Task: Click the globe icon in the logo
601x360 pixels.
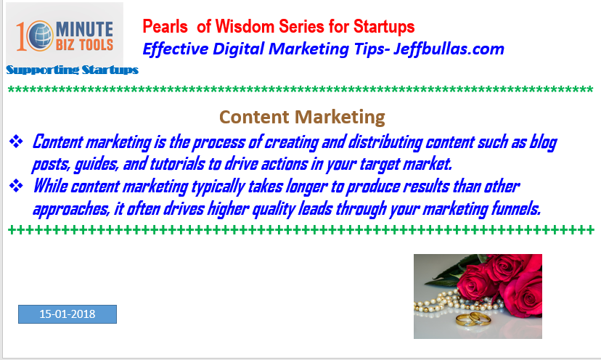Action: point(40,36)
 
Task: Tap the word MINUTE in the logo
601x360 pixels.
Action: point(84,29)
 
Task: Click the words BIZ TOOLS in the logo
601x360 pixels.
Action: point(84,45)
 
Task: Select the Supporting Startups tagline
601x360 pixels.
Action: point(72,70)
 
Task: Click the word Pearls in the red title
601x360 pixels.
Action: point(165,27)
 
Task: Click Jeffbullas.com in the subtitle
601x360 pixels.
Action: point(449,49)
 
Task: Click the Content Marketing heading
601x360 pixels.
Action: point(302,117)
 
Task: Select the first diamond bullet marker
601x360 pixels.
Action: point(16,141)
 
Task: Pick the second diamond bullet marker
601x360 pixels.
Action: point(16,186)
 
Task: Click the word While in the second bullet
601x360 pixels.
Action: point(50,187)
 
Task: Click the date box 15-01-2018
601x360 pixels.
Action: point(68,314)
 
